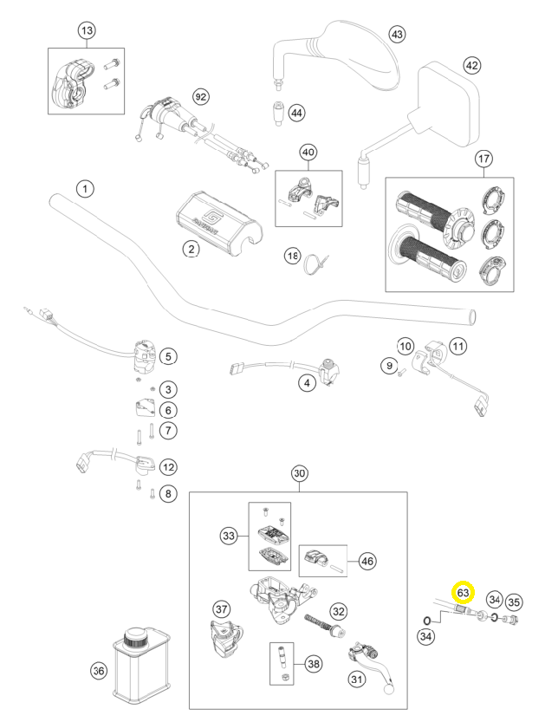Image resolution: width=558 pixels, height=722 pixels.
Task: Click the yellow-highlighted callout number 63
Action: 463,592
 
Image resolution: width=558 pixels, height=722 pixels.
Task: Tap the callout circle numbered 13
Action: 87,31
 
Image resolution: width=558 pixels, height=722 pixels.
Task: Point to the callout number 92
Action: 200,97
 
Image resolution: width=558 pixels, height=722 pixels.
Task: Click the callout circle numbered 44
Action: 297,113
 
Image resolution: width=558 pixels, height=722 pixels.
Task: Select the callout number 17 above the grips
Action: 483,159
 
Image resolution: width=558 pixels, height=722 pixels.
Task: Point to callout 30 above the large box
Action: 299,473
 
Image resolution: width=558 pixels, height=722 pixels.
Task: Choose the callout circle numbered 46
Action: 367,561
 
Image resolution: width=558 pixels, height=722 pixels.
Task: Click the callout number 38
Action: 314,664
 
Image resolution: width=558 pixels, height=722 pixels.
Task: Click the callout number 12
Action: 168,467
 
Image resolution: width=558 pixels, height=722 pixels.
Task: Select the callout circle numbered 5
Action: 168,356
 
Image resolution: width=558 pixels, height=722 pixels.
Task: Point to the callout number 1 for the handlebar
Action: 85,189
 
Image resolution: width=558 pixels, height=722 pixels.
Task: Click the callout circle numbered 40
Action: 308,152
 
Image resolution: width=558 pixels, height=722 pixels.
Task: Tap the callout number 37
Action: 222,609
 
